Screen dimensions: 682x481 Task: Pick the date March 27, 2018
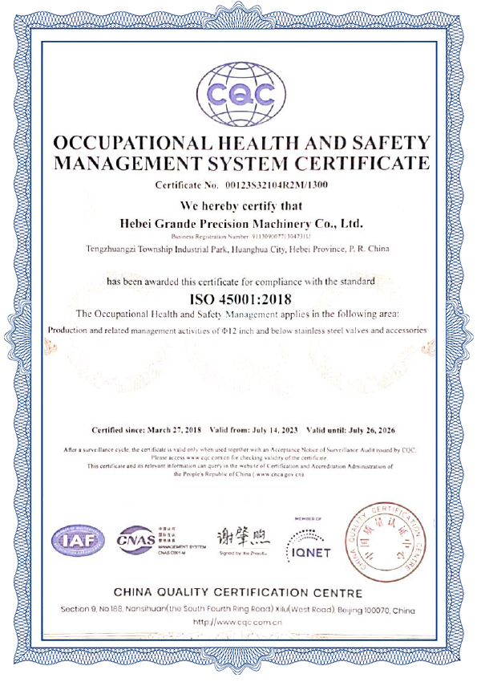click(x=176, y=429)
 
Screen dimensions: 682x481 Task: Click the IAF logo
click(x=79, y=539)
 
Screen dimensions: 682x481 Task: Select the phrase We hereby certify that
click(x=240, y=204)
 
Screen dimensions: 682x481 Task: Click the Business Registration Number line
click(x=240, y=236)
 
